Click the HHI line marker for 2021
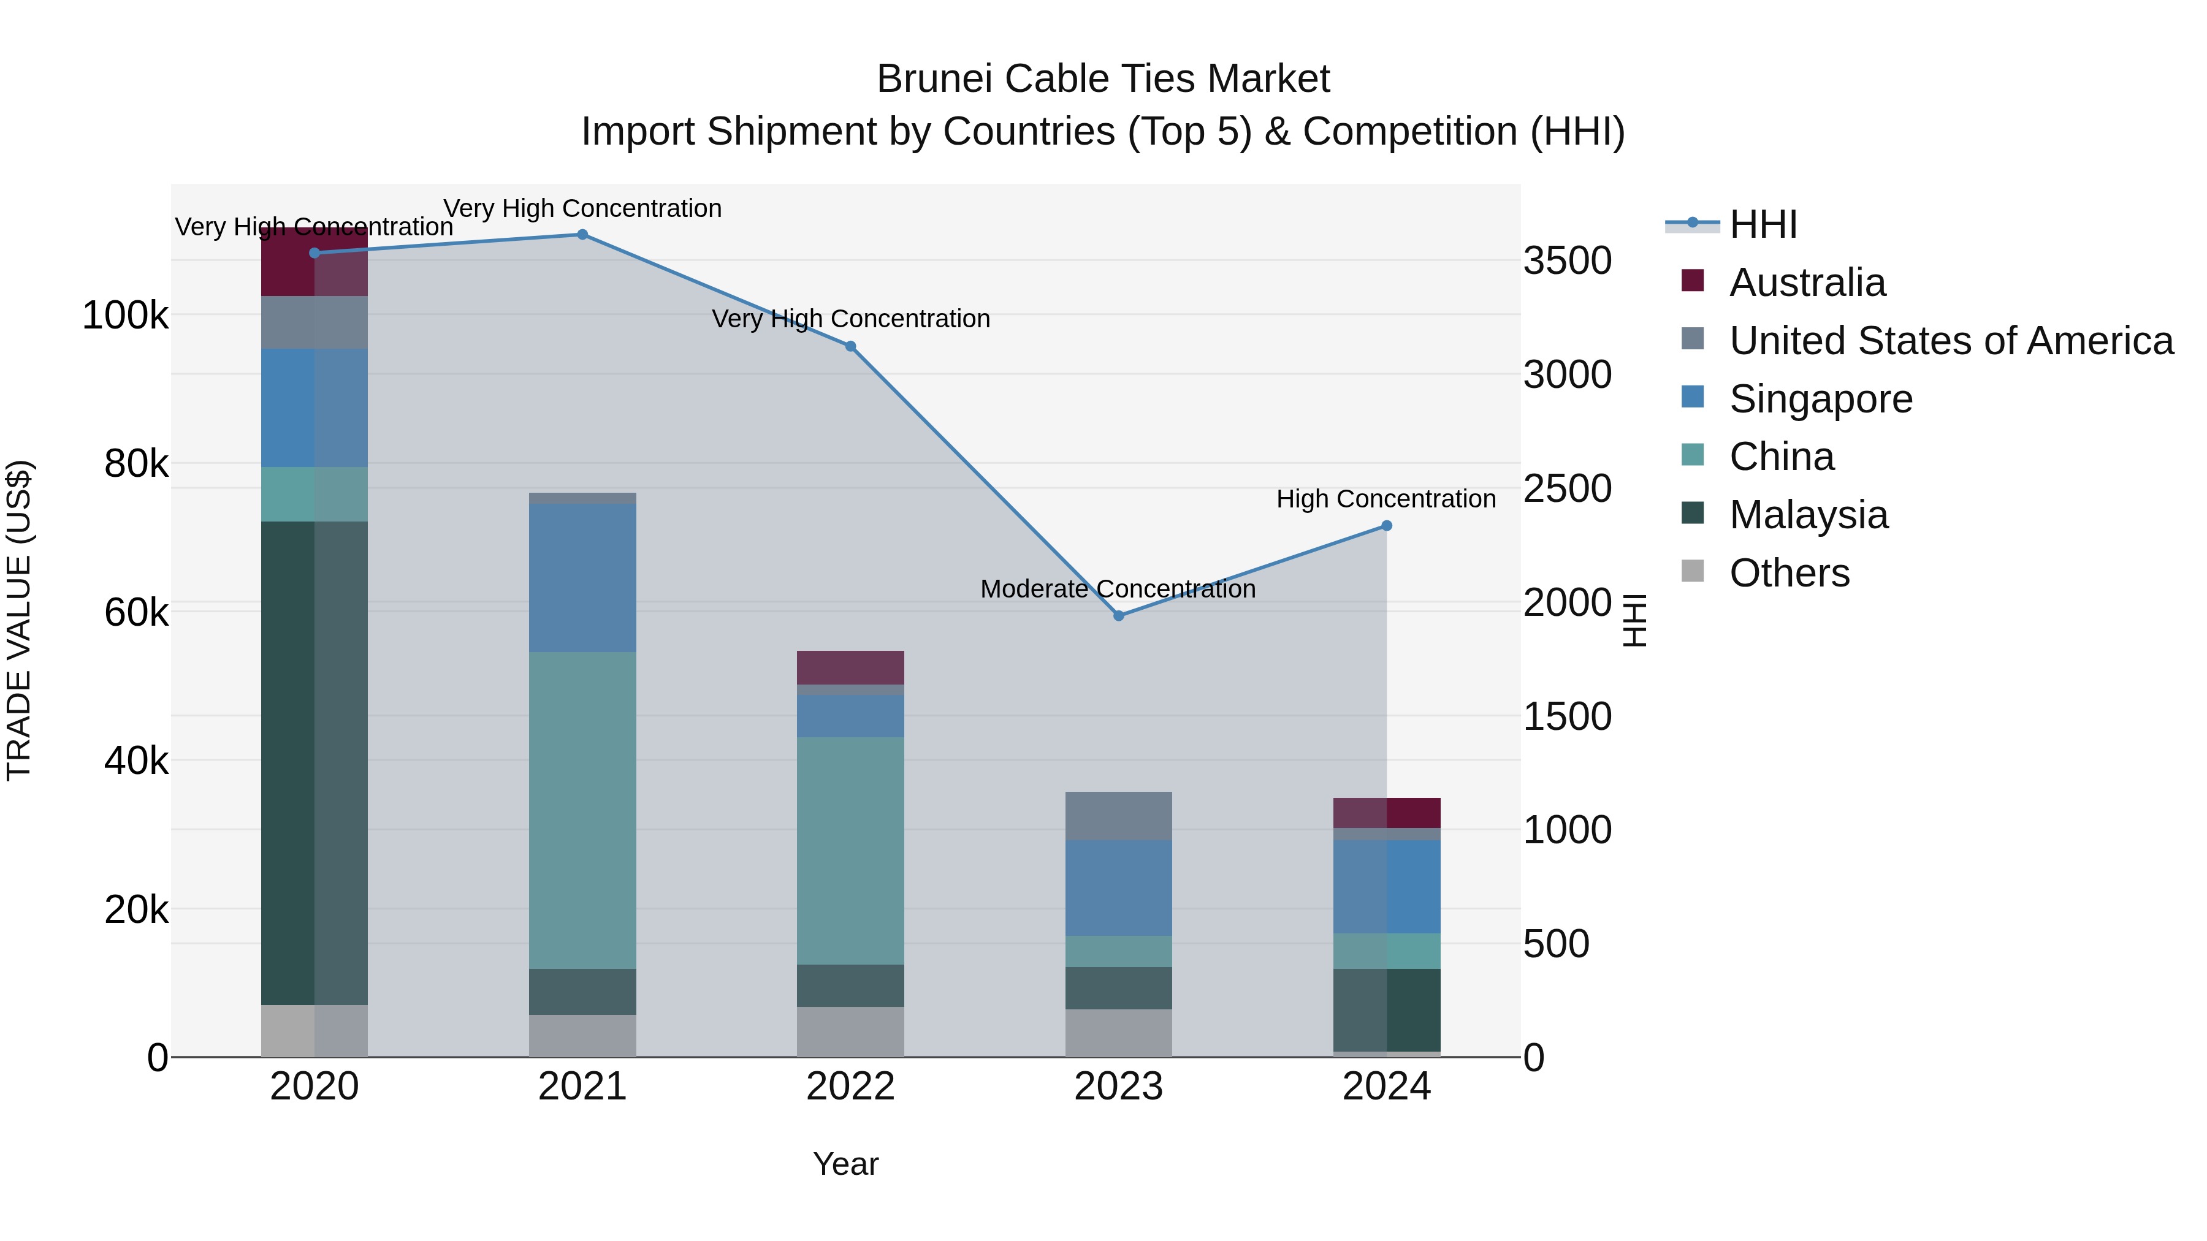coord(582,235)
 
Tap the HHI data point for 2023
coord(1118,616)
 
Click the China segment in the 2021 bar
coord(582,810)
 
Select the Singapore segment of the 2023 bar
coord(1118,887)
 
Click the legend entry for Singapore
coord(1821,399)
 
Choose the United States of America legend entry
coord(1951,341)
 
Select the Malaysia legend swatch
coord(1693,514)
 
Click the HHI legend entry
coord(1763,224)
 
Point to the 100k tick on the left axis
coord(125,316)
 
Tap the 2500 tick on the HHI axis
coord(1567,489)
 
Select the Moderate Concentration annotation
coord(1118,589)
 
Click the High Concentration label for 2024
coord(1386,499)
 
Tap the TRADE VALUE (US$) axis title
coord(19,620)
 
